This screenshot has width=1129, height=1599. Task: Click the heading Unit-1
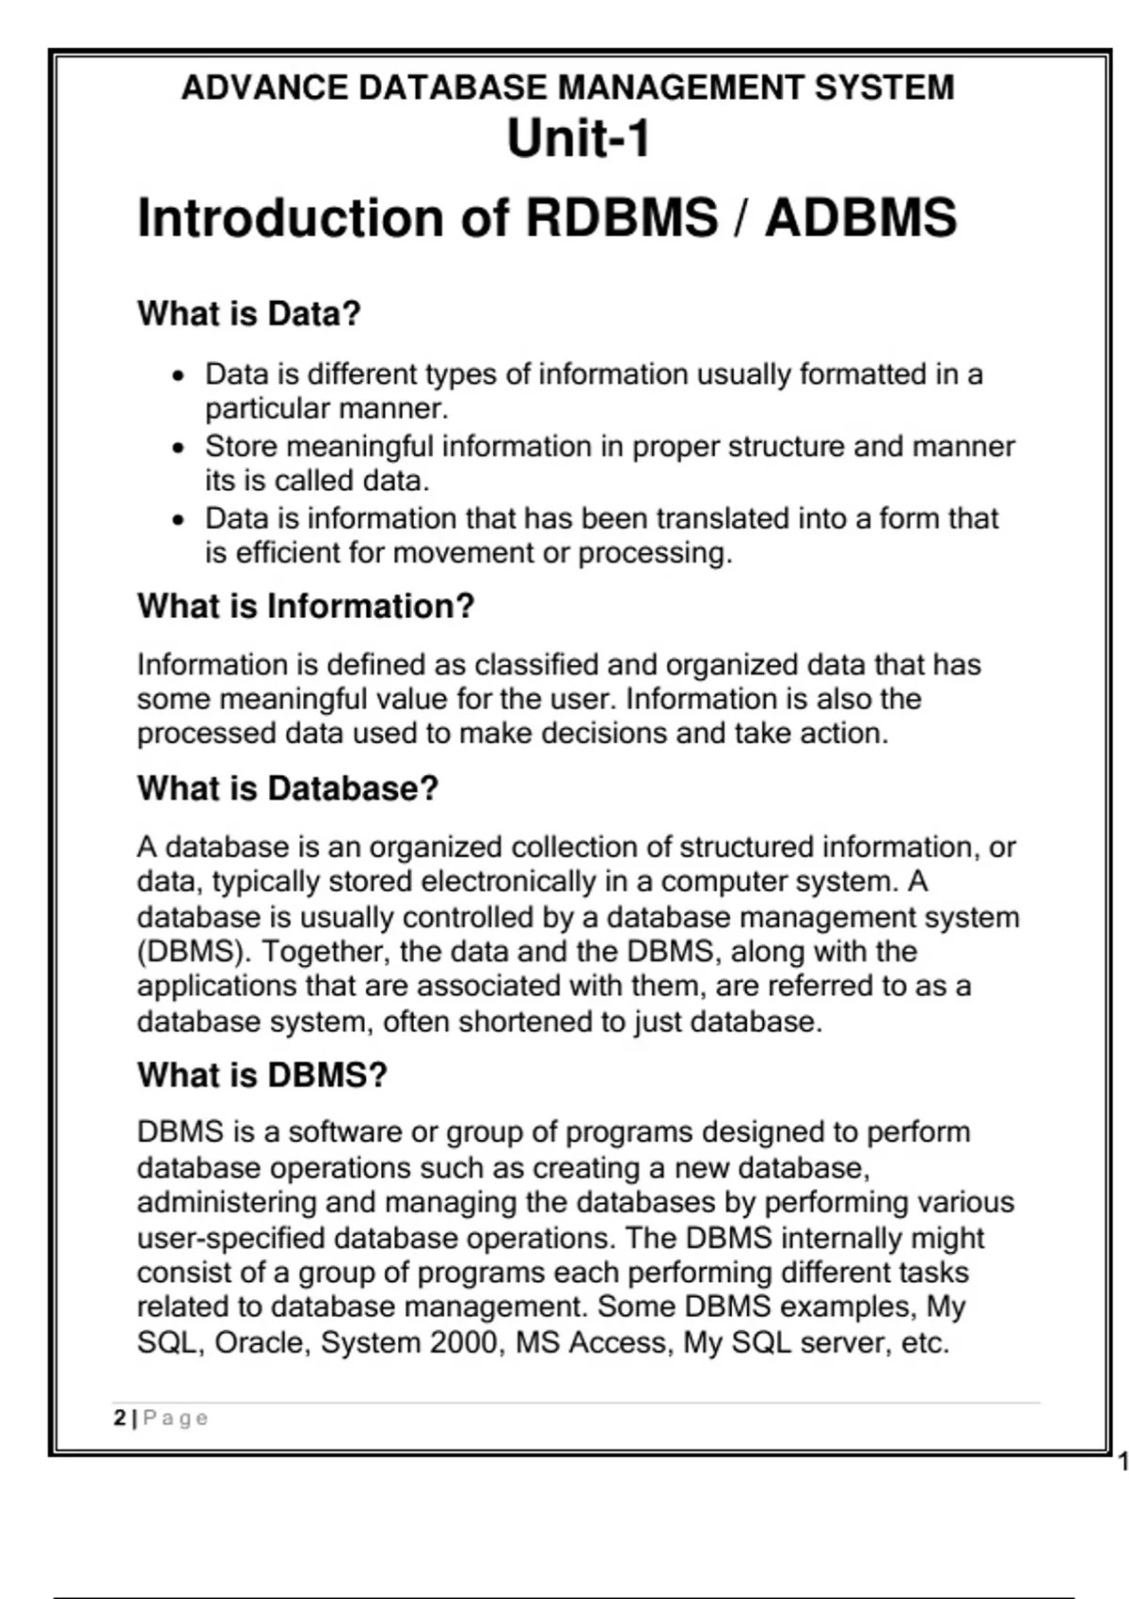578,139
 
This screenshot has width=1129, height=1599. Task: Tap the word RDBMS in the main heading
621,218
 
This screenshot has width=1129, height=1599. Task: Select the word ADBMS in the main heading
860,218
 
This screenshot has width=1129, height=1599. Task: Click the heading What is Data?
249,313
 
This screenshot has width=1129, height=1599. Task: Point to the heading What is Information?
306,607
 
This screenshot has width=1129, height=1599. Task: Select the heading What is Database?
288,788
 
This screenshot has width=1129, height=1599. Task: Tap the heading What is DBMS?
262,1075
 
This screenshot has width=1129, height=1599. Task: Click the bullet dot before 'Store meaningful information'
179,448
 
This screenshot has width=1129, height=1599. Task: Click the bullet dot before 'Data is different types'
179,376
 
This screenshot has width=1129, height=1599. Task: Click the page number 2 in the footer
119,1417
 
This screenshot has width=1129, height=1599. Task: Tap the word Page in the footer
176,1417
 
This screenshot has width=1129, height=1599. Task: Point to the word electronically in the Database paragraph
509,882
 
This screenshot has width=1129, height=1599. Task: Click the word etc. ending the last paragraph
925,1342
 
